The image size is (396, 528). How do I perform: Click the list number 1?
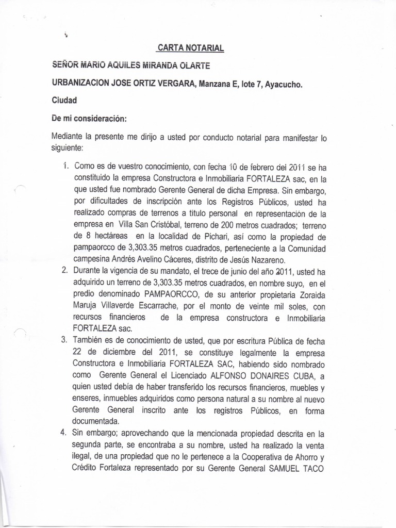(x=64, y=167)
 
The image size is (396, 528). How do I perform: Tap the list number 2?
(x=64, y=271)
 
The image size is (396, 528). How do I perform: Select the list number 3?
(x=64, y=340)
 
